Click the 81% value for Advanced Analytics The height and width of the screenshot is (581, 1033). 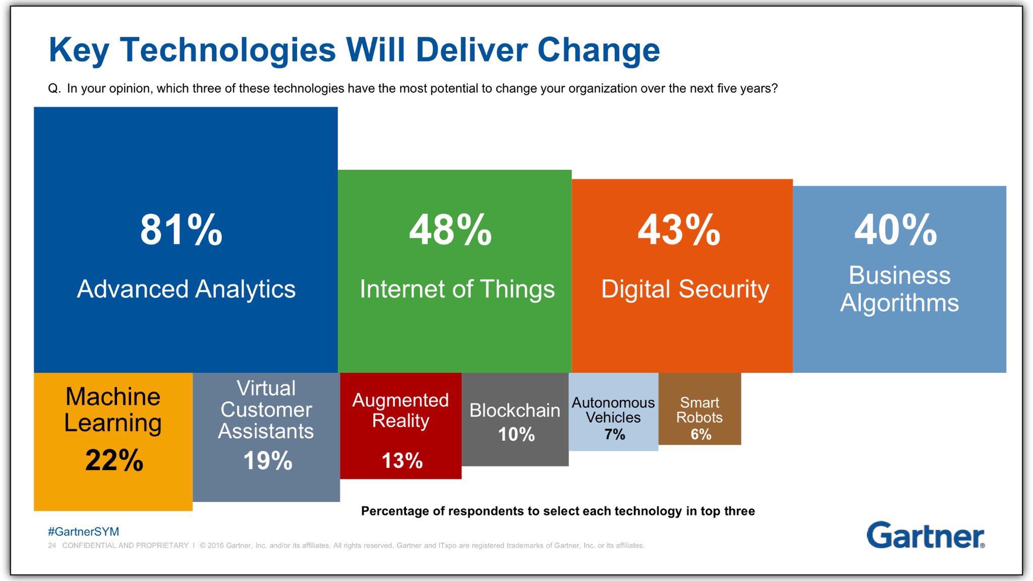pos(181,230)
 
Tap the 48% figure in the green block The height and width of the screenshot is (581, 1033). pos(450,230)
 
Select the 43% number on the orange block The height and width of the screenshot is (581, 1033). pos(678,230)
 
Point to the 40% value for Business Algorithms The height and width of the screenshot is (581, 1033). pos(895,230)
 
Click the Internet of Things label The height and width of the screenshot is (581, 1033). pos(457,289)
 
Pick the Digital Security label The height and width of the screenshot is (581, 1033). pos(685,289)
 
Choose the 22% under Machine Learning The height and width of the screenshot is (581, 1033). pos(114,460)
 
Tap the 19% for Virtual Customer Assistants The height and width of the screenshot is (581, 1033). pos(267,460)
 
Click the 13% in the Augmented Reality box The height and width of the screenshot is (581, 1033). pos(401,460)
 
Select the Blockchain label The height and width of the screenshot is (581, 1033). pos(514,411)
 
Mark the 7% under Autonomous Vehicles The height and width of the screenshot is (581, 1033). pos(614,434)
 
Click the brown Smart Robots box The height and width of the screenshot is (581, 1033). pos(700,409)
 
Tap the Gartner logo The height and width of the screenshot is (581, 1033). pos(925,536)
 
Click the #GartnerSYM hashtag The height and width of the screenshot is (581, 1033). pos(83,532)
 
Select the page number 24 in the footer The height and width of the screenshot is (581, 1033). pos(52,546)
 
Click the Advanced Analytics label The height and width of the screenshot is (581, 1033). pos(186,289)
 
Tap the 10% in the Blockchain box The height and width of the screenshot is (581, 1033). pos(516,434)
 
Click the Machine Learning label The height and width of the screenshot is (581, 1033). pos(113,410)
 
